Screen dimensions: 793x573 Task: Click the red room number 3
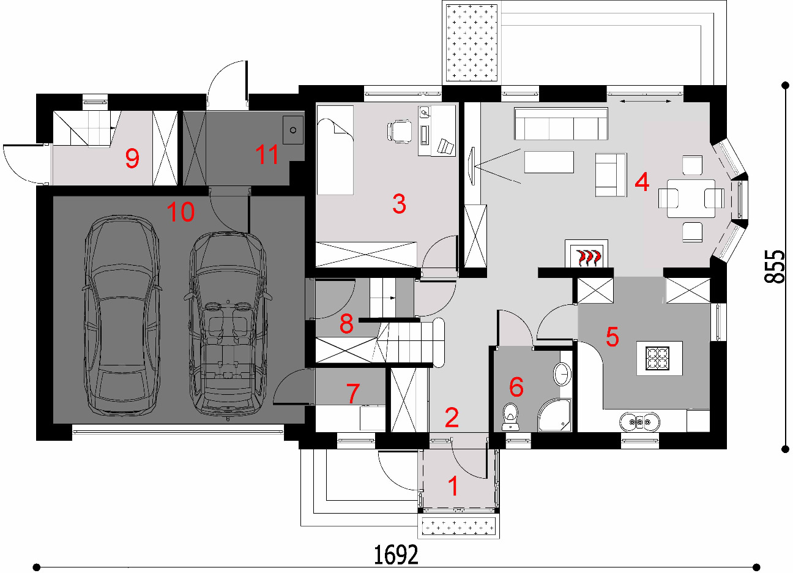click(399, 204)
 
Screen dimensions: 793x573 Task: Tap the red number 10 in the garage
click(181, 212)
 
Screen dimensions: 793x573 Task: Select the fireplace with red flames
click(586, 253)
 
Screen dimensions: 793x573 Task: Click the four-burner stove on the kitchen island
click(657, 358)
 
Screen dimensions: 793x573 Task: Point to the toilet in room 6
click(510, 416)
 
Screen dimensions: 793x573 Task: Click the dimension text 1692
click(396, 555)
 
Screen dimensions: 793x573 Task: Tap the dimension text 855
click(775, 266)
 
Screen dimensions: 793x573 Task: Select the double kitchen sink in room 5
click(639, 421)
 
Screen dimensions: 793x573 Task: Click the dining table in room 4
click(691, 198)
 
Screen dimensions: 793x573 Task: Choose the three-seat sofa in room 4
click(560, 124)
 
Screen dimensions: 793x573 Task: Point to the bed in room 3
click(335, 150)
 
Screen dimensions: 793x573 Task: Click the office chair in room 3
click(400, 132)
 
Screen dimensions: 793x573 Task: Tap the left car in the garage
click(122, 315)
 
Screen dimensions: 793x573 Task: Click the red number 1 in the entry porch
click(453, 485)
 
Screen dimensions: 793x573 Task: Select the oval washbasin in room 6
click(562, 374)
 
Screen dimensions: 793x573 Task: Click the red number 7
click(352, 393)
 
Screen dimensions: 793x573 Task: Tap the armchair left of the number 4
click(611, 174)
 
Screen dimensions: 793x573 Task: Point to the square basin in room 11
click(292, 130)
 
